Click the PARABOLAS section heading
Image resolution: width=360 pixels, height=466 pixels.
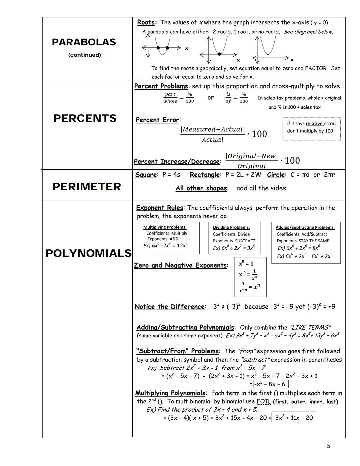84,42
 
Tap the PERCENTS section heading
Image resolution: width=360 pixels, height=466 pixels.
85,118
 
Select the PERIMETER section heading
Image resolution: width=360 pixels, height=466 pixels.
87,187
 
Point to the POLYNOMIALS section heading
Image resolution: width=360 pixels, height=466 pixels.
88,253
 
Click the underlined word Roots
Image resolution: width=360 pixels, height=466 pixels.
146,22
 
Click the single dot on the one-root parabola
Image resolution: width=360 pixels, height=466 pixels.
219,54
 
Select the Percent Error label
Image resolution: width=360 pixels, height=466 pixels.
158,120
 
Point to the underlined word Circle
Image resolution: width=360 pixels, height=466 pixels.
276,175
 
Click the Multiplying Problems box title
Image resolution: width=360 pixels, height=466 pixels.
165,227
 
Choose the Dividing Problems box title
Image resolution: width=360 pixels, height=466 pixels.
231,227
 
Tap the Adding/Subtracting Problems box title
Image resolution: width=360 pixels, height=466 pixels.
305,227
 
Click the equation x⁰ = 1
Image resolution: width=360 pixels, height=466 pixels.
246,263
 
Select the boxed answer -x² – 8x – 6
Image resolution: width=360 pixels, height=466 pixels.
270,384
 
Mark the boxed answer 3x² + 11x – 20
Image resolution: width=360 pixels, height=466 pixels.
294,418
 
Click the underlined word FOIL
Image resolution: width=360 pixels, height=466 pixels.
264,401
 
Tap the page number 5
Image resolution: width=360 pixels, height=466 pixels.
328,446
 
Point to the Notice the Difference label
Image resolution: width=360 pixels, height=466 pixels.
170,307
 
